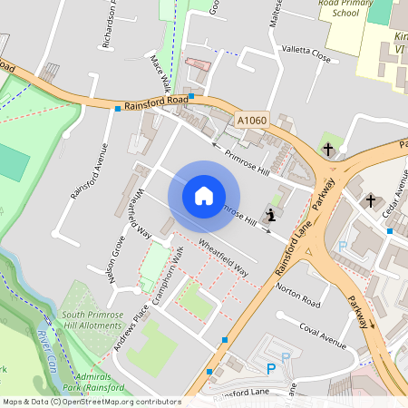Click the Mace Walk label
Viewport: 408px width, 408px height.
(x=160, y=73)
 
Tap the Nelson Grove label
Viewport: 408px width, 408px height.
(x=117, y=262)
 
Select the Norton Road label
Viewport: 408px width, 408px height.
(x=298, y=297)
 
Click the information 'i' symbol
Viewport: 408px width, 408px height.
(x=271, y=215)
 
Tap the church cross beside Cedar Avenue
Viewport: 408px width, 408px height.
(x=370, y=199)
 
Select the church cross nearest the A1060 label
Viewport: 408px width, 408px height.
(x=328, y=148)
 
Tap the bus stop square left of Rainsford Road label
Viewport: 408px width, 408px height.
(x=118, y=110)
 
